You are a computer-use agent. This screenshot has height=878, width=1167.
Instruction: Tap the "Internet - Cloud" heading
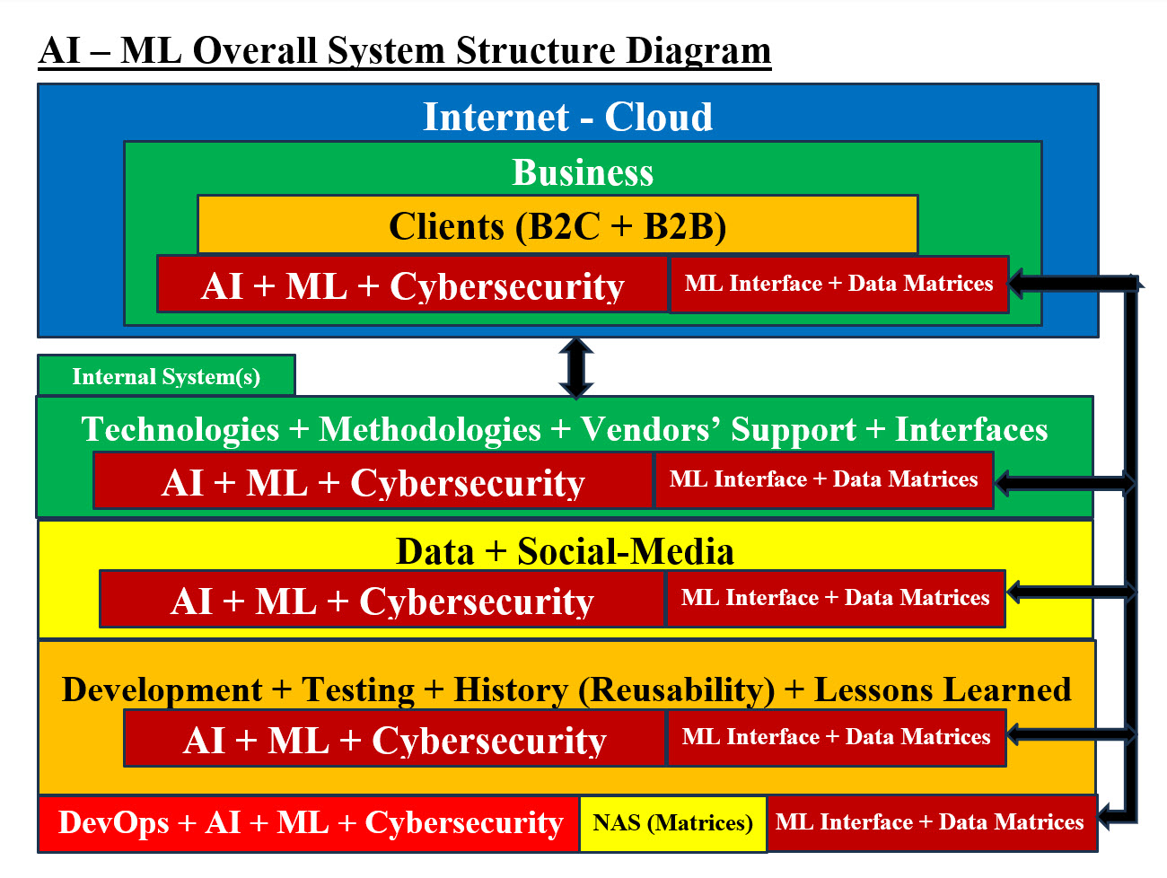pyautogui.click(x=567, y=117)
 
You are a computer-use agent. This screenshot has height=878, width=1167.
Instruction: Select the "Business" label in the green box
pyautogui.click(x=583, y=172)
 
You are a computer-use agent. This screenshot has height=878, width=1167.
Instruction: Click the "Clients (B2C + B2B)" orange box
pyautogui.click(x=557, y=225)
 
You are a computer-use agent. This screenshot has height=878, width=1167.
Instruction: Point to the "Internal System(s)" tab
pyautogui.click(x=166, y=376)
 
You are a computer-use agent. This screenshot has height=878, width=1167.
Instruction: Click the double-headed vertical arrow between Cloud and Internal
pyautogui.click(x=575, y=367)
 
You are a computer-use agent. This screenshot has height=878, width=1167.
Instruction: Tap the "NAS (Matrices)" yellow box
pyautogui.click(x=672, y=822)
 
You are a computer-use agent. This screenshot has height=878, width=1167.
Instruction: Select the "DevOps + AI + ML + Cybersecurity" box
pyautogui.click(x=310, y=822)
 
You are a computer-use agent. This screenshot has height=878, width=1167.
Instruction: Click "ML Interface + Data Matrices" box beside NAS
pyautogui.click(x=930, y=822)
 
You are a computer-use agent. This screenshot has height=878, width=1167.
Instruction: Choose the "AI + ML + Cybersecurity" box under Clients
pyautogui.click(x=412, y=285)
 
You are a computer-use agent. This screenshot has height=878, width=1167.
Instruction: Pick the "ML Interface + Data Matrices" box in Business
pyautogui.click(x=838, y=285)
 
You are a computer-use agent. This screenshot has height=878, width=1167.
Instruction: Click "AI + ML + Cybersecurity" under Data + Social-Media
pyautogui.click(x=382, y=601)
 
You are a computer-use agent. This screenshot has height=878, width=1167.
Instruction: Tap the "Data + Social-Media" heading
pyautogui.click(x=565, y=551)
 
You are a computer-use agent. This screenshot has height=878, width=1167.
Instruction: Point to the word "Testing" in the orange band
pyautogui.click(x=358, y=690)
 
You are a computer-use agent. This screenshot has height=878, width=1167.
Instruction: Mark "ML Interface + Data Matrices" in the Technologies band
pyautogui.click(x=823, y=480)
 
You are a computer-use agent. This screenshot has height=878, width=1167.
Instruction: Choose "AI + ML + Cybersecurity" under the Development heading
pyautogui.click(x=394, y=741)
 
